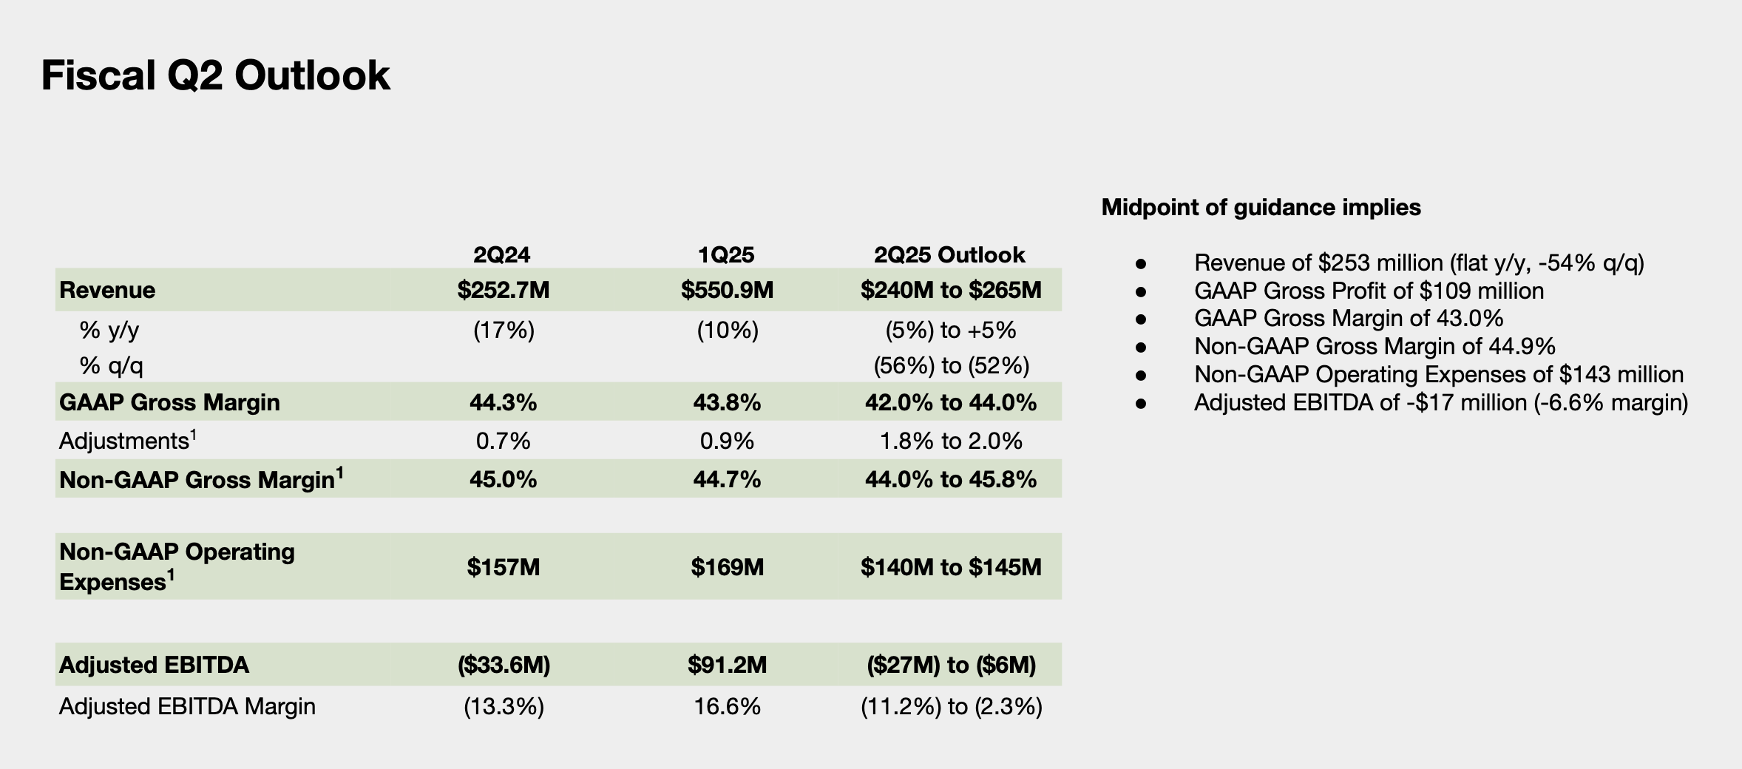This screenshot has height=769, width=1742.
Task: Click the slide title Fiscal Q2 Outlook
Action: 215,76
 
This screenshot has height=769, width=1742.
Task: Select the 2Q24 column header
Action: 502,255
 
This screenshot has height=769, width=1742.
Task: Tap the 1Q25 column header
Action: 726,255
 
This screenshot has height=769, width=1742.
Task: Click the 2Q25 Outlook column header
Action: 949,255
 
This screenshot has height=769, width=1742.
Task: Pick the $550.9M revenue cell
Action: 727,290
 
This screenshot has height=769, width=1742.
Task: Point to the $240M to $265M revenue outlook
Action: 950,290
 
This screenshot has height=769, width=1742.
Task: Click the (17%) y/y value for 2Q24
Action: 504,330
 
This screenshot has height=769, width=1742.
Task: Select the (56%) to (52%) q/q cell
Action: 951,365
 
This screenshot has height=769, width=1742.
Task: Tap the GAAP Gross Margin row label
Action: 169,402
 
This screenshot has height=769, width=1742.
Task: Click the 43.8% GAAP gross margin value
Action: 727,402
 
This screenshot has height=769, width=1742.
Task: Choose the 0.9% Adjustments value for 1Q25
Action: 727,441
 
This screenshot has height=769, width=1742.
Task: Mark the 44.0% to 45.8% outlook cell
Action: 951,480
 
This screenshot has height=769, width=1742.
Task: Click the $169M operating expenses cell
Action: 727,567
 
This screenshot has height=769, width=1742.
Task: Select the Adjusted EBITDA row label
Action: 154,665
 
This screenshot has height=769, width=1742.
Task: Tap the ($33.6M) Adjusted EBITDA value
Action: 504,665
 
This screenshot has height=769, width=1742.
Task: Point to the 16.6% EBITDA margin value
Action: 727,707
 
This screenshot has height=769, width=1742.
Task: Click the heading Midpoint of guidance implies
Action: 1261,207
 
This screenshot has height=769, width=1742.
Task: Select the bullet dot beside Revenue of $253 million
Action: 1140,263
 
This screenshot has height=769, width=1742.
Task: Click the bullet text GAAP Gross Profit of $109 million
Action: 1369,291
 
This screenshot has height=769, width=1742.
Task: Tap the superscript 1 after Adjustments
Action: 193,434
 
